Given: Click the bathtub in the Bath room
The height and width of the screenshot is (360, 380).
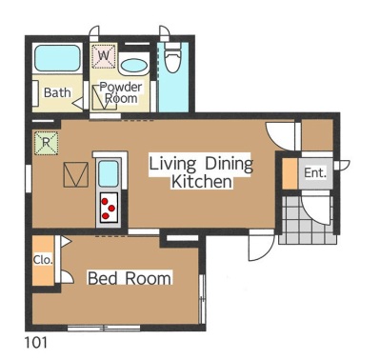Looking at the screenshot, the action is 57,58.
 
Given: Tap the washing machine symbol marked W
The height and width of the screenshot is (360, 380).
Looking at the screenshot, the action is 104,56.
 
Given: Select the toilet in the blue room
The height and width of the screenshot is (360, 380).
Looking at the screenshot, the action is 172,58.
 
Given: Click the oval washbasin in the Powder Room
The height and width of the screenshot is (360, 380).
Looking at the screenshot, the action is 134,67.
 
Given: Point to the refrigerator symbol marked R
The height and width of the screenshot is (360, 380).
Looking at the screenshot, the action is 46,143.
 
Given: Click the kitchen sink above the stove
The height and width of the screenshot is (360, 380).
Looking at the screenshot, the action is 109,173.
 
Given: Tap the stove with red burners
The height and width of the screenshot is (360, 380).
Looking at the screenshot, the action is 109,208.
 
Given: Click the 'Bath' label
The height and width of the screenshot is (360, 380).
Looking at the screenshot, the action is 57,92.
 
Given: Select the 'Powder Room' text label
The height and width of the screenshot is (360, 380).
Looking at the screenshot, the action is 121,92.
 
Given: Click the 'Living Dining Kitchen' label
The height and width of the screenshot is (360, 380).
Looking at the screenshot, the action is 201,172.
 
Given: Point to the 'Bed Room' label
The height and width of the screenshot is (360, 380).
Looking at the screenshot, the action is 130,278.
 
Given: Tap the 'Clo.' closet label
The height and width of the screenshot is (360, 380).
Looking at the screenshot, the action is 43,260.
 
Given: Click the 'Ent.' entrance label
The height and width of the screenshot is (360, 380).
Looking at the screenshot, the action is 315,173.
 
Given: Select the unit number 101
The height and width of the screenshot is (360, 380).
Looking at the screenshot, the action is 36,343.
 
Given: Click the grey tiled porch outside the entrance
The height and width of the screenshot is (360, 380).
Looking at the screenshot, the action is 307,220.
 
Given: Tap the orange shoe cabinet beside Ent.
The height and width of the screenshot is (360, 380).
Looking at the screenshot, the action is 290,173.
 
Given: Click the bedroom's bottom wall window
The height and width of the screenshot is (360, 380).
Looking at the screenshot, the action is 104,328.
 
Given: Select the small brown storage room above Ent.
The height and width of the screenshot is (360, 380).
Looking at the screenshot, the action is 317,135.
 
